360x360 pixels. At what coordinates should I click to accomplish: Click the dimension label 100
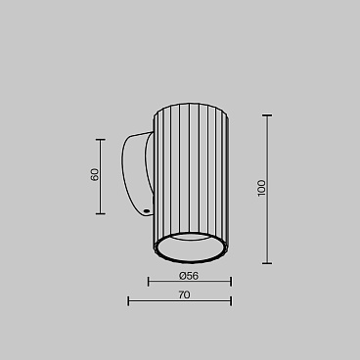[x=261, y=188]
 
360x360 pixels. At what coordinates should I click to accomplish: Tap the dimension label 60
[x=94, y=174]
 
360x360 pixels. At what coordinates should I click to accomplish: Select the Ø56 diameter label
[x=189, y=276]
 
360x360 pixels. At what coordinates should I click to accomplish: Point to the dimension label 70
[x=184, y=294]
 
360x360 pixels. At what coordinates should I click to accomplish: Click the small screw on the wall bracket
[x=146, y=211]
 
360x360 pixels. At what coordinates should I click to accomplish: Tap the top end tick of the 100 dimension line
[x=267, y=115]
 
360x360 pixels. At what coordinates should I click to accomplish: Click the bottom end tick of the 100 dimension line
[x=267, y=263]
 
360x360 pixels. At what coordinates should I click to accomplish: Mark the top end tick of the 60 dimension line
[x=101, y=140]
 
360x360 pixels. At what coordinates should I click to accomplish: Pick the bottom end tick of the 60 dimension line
[x=101, y=214]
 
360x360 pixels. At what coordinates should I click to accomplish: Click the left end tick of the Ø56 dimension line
[x=149, y=282]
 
